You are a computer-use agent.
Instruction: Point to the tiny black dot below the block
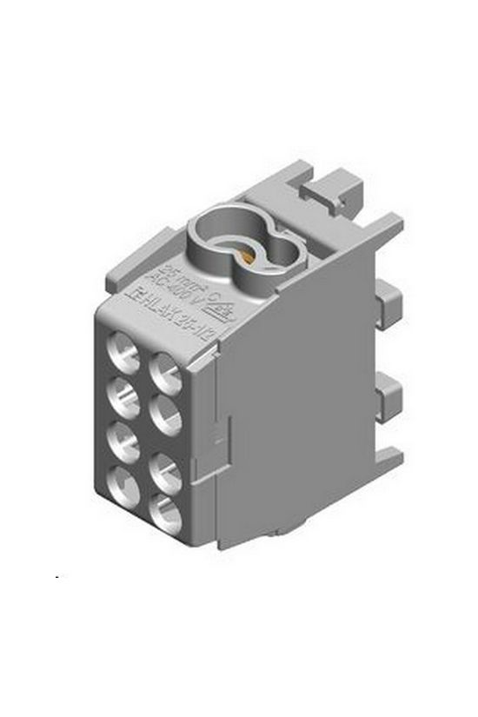pyautogui.click(x=56, y=577)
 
